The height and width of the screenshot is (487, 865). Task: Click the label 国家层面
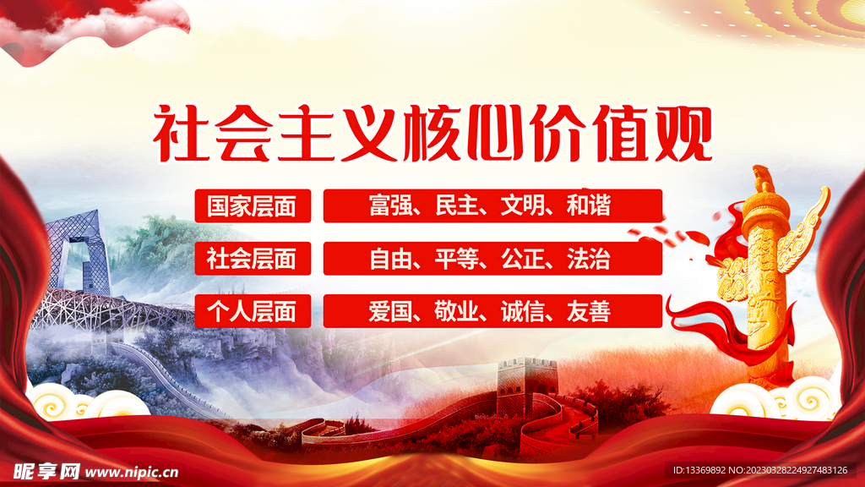click(252, 206)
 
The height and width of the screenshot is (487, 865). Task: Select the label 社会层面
click(252, 259)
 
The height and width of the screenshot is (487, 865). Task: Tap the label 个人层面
click(252, 311)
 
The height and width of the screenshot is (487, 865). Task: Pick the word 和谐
click(589, 205)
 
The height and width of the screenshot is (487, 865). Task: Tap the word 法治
click(589, 259)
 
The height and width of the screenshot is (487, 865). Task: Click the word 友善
click(589, 311)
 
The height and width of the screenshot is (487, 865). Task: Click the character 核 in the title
click(432, 134)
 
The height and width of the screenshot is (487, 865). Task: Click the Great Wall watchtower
click(526, 386)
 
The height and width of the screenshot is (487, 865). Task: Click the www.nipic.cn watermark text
click(132, 472)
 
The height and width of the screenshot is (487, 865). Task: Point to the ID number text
click(760, 470)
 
